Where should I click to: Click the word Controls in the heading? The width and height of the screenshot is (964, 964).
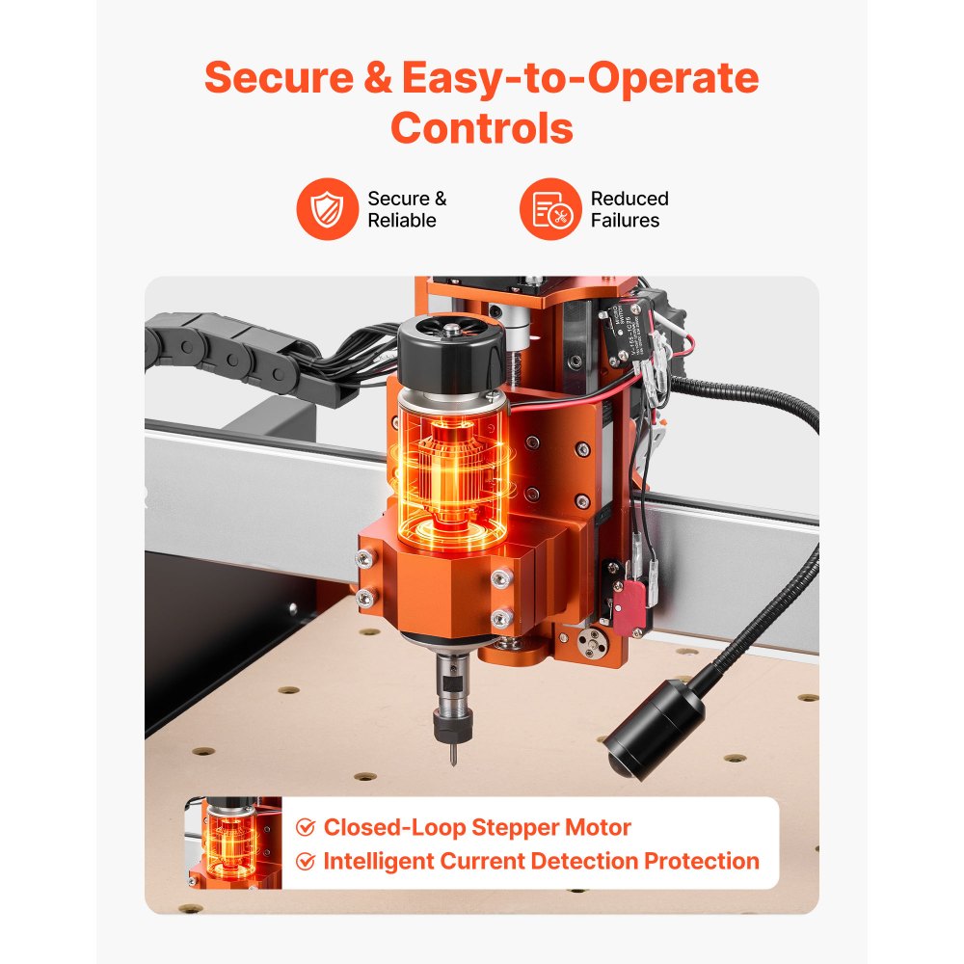tap(481, 128)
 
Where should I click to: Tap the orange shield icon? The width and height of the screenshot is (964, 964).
tap(327, 209)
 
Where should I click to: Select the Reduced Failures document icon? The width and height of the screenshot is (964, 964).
tap(550, 209)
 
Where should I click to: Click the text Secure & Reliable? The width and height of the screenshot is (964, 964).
tap(407, 209)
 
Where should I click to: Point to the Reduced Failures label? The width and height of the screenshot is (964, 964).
tap(629, 209)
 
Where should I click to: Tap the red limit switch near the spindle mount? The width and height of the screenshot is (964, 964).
tap(629, 605)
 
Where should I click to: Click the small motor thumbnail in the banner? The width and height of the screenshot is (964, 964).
tap(234, 843)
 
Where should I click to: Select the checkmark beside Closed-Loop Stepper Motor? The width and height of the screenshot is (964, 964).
tap(306, 827)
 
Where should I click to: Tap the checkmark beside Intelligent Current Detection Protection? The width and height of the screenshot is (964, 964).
tap(306, 861)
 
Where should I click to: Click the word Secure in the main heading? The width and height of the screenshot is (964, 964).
tap(280, 77)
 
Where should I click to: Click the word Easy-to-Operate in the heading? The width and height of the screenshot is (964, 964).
tap(580, 79)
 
